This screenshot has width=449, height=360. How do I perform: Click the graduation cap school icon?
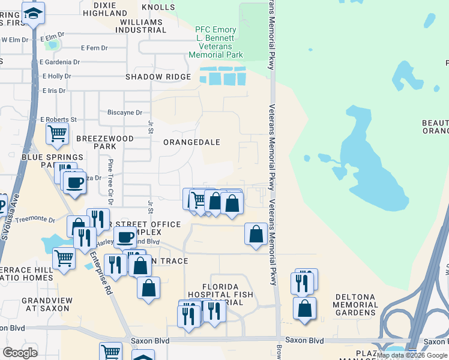click(x=34, y=13)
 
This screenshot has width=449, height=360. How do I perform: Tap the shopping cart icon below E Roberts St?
click(x=57, y=134)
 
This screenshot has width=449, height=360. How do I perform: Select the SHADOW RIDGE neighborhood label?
click(x=158, y=77)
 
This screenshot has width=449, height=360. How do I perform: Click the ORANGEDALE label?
click(x=192, y=142)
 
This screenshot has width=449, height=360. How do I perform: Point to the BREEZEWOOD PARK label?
click(x=96, y=142)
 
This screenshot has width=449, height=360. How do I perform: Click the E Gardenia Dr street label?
click(x=59, y=62)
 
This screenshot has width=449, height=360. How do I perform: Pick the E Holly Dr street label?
click(x=56, y=76)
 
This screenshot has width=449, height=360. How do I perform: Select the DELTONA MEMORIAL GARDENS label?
click(x=356, y=305)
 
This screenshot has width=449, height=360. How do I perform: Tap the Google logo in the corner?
click(x=20, y=352)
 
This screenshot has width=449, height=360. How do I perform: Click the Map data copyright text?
click(x=412, y=355)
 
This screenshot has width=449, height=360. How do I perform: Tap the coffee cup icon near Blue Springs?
click(x=75, y=183)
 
